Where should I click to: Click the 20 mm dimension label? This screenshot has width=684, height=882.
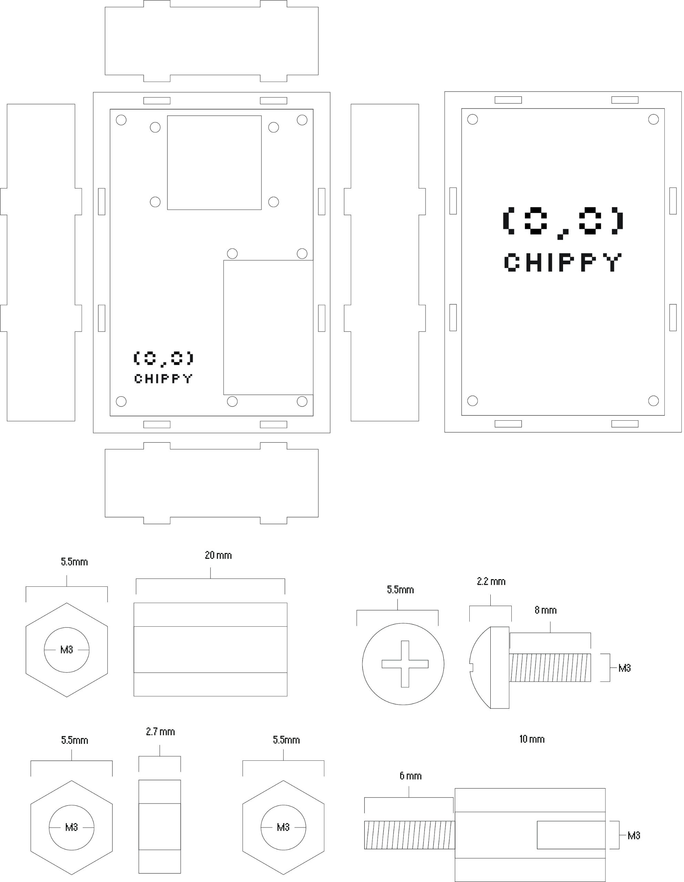click(x=218, y=555)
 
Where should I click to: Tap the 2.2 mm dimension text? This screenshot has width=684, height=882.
click(x=491, y=582)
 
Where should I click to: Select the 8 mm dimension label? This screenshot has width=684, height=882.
click(x=545, y=610)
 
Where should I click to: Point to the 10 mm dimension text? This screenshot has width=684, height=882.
click(x=532, y=739)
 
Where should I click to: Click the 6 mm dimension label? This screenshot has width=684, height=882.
click(x=410, y=776)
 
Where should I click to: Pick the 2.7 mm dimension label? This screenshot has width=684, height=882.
click(x=160, y=732)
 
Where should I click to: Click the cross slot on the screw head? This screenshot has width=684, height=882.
click(x=405, y=664)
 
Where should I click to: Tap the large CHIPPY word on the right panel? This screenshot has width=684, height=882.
click(x=563, y=263)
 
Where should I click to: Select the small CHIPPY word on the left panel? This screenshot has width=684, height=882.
click(x=163, y=378)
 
